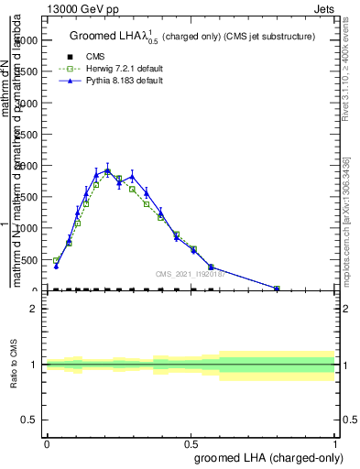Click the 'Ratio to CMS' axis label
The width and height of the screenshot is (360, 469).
point(16,365)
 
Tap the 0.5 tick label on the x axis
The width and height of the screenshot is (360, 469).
point(191,443)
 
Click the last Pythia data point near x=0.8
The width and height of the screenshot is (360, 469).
point(278,289)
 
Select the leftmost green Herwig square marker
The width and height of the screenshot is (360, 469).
point(56,261)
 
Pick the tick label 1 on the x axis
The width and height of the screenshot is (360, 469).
point(335,443)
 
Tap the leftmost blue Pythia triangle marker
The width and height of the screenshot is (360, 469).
point(56,266)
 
